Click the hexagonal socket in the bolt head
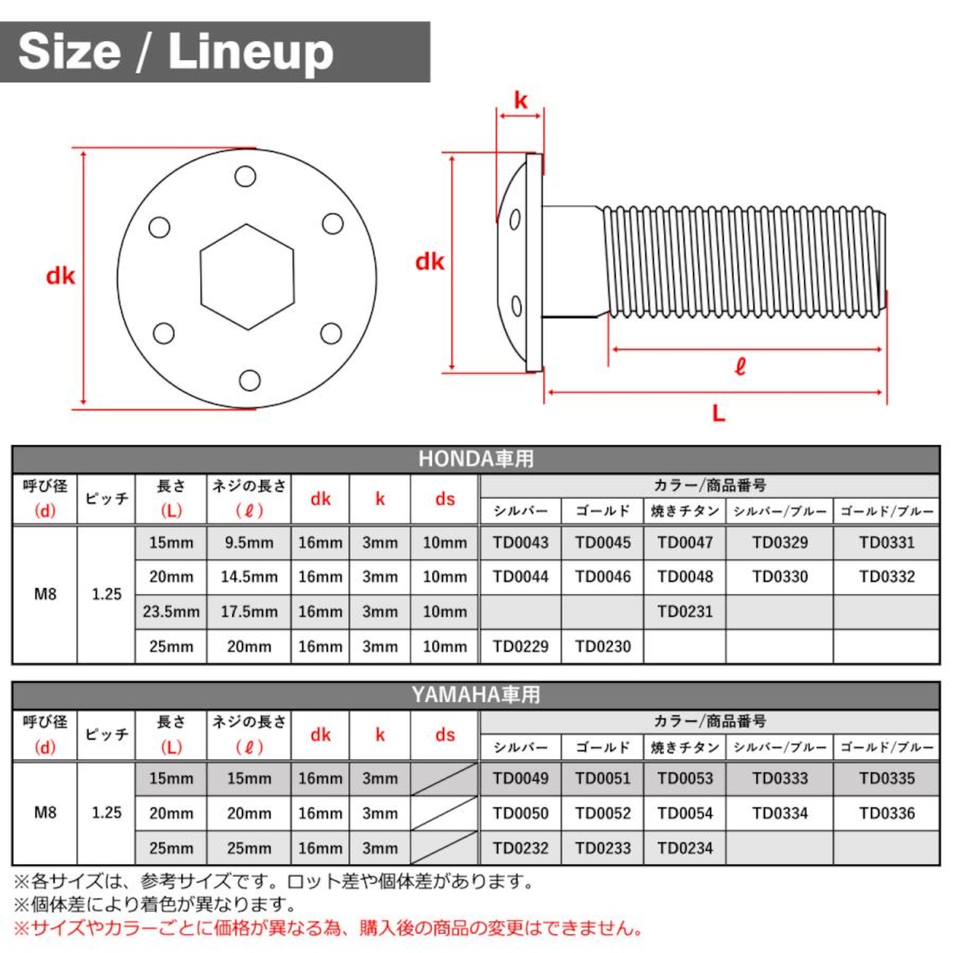point(246,277)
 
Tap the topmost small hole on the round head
point(245,176)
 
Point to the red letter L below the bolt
point(718,413)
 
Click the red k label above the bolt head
point(520,101)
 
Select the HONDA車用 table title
point(476,459)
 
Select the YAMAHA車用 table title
point(476,695)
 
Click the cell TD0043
point(520,543)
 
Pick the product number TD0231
point(685,612)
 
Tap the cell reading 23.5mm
point(171,612)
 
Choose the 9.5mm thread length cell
point(249,543)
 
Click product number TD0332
point(887,577)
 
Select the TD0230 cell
point(603,646)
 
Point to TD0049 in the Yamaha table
point(520,779)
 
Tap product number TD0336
point(887,813)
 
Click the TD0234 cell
point(685,848)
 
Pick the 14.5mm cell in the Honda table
point(249,577)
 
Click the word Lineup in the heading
point(251,52)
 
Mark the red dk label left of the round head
point(60,276)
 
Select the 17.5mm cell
point(249,612)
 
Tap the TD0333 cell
point(780,779)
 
